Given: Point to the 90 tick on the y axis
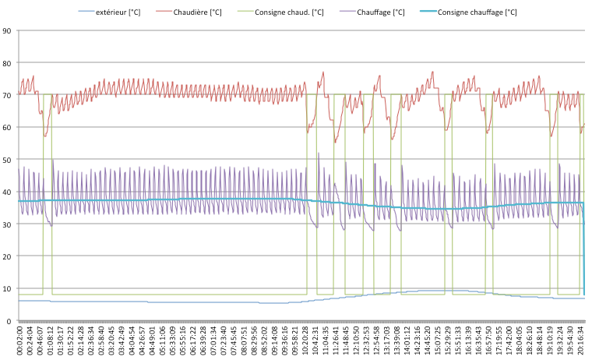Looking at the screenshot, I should (x=6, y=31).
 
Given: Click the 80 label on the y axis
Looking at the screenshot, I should (x=6, y=63).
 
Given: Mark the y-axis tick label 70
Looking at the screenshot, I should (x=6, y=96).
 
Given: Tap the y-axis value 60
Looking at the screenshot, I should (x=6, y=128).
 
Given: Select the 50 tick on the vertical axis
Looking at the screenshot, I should (x=6, y=160).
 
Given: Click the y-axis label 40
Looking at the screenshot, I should (x=6, y=192).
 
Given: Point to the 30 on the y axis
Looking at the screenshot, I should (x=6, y=224).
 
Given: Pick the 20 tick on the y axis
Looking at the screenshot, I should (x=6, y=256).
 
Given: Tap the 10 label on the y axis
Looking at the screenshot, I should (x=6, y=289).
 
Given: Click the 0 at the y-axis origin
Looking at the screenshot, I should (x=8, y=321).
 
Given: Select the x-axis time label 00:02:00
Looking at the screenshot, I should (x=20, y=340).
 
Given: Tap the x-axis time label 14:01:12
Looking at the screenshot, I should (x=407, y=340).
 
